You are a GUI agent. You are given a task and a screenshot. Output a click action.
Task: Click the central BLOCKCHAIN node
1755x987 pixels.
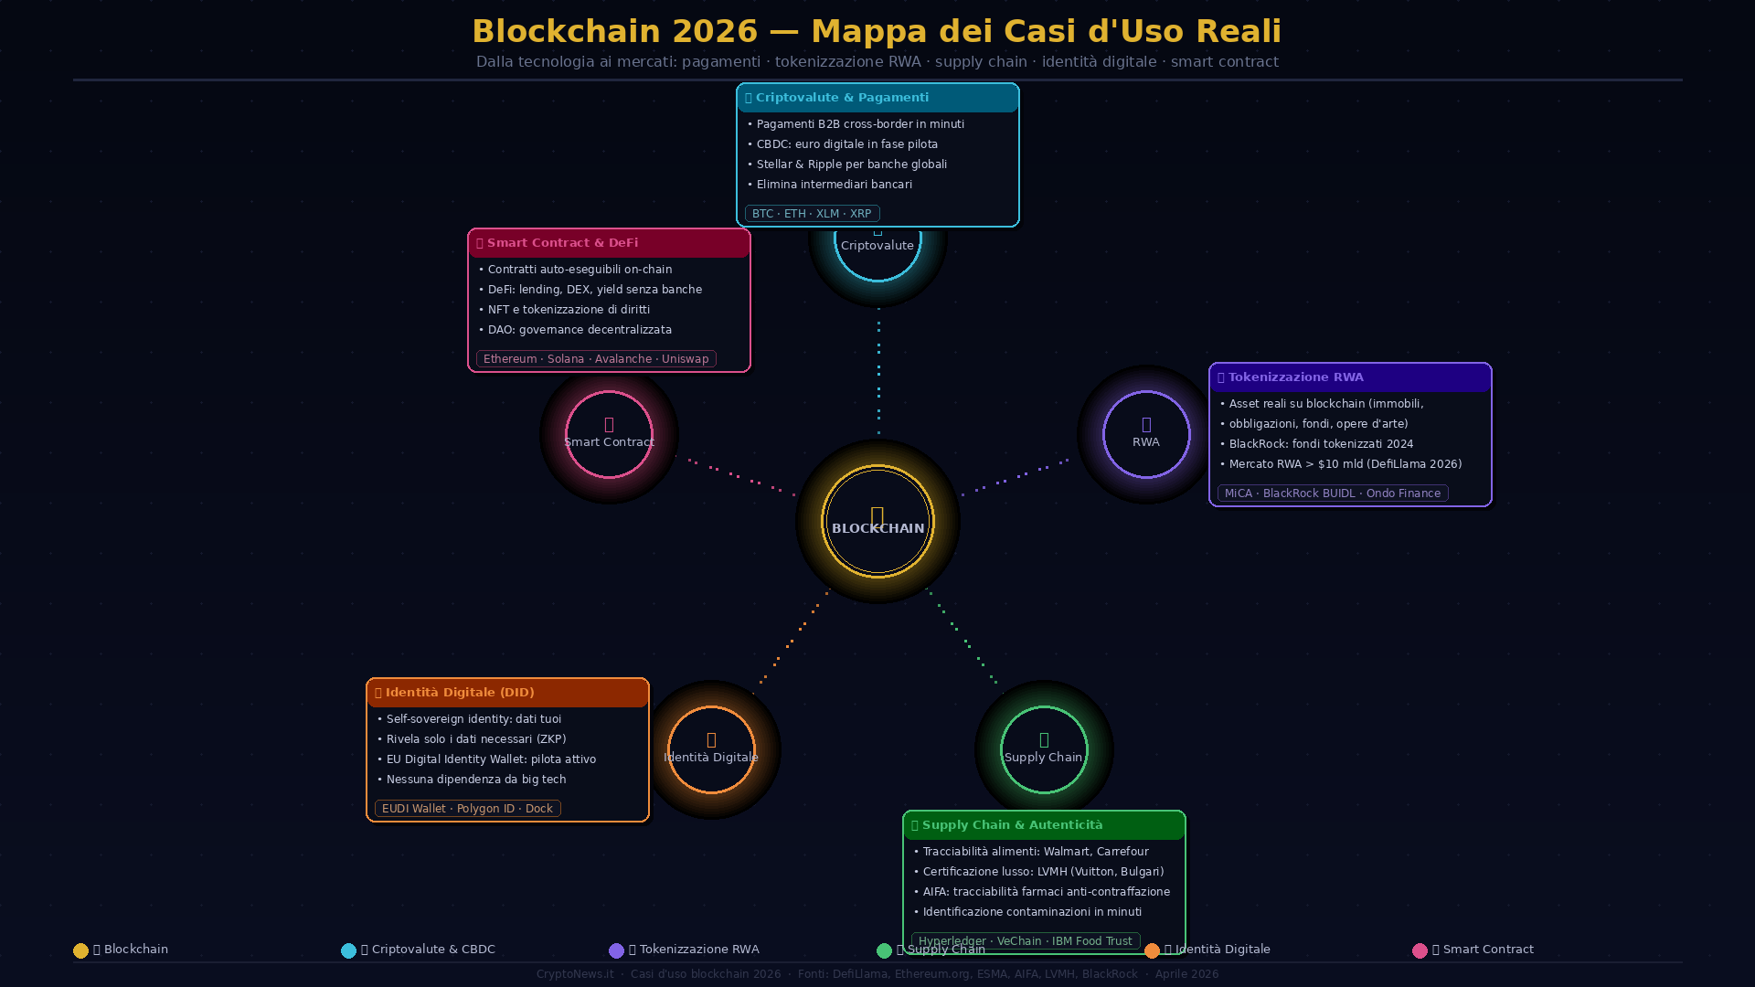(x=877, y=521)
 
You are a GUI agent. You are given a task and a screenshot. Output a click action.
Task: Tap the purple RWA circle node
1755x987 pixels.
(x=1146, y=434)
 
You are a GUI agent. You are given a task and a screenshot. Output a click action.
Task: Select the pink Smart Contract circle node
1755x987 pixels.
(x=609, y=434)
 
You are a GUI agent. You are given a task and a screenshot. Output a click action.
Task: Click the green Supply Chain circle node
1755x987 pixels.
(x=1044, y=749)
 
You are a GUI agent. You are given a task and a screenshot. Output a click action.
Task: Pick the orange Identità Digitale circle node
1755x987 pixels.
(x=711, y=749)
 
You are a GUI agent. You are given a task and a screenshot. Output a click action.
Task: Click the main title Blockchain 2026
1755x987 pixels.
(x=877, y=31)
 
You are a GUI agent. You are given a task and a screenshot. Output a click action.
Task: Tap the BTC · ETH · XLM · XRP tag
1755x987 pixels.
(x=812, y=214)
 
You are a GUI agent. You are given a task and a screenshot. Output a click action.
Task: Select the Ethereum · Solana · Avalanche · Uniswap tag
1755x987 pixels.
(x=596, y=359)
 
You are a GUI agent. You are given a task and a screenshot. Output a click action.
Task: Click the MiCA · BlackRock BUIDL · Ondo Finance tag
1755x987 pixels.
(x=1332, y=493)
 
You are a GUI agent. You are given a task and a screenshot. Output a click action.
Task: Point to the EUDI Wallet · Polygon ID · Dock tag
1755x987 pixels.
(x=467, y=809)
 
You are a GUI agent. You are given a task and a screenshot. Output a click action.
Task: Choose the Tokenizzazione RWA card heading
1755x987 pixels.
(x=1295, y=377)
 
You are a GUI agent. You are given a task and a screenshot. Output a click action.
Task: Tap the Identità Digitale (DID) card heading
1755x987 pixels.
(x=459, y=693)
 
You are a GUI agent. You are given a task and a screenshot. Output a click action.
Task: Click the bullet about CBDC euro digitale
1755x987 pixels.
(x=846, y=144)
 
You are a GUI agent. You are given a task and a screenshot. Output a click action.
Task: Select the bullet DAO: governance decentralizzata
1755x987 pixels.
(x=580, y=330)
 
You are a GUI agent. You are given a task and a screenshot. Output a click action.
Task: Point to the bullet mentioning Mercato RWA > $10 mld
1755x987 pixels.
(x=1345, y=464)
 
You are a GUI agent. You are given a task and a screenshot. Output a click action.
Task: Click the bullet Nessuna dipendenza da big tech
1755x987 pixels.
(x=476, y=780)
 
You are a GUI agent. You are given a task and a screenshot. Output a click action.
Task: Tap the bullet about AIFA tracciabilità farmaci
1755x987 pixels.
(x=1046, y=892)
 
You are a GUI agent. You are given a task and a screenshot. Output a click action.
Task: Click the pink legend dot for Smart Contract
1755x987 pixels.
(x=1420, y=950)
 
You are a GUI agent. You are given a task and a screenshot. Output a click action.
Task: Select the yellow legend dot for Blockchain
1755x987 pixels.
(x=80, y=950)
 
